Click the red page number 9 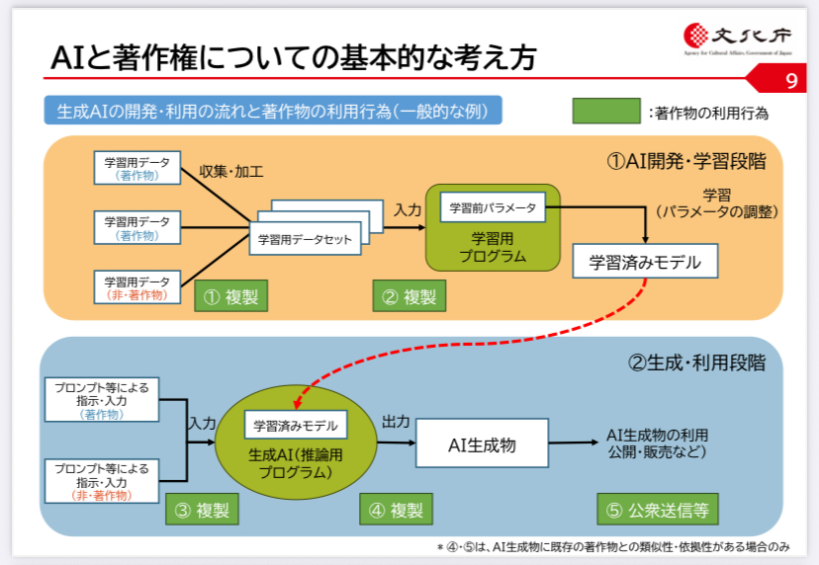(x=789, y=79)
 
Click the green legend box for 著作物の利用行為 (x=605, y=111)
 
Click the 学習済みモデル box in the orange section (x=645, y=262)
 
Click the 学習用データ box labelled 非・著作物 (x=137, y=287)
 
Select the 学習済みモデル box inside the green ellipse (x=296, y=426)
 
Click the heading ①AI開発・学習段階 (x=686, y=160)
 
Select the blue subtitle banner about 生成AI (x=272, y=111)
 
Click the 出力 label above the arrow (x=396, y=422)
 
